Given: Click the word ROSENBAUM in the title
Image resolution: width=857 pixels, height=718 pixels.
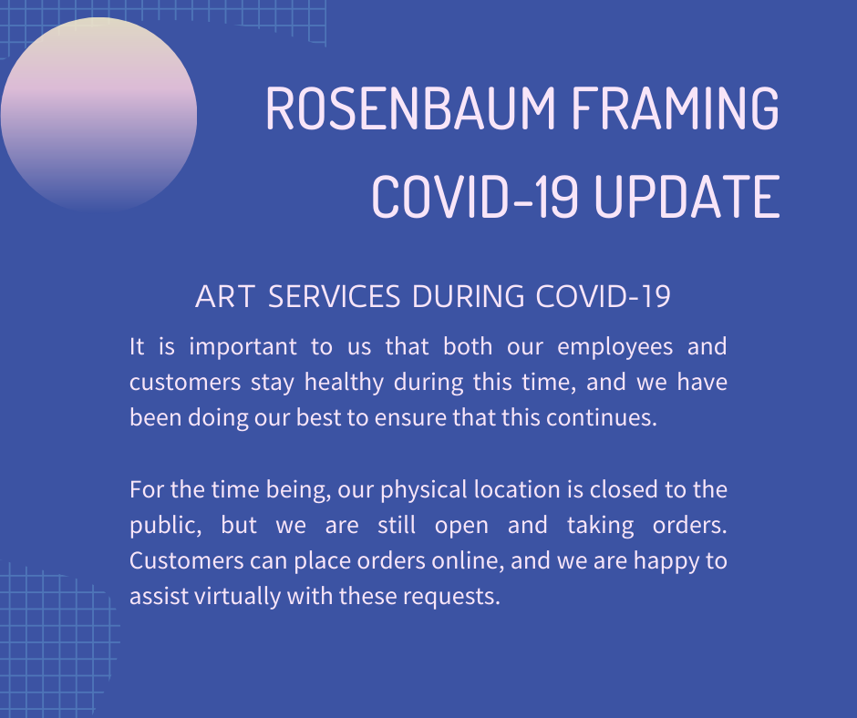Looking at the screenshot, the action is pos(410,108).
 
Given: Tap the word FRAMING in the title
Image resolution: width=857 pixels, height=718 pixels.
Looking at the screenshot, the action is pos(675,108).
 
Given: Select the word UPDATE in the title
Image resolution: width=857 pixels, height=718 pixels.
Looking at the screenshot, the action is pos(687,197).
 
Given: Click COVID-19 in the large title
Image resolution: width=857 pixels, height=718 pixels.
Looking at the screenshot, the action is pos(474,197).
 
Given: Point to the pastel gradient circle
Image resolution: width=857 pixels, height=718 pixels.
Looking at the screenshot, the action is pos(99,115).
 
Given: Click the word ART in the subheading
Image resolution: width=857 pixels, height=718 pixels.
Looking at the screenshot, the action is pos(224,297).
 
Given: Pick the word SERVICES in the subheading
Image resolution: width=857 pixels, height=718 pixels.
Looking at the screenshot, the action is pos(334,297).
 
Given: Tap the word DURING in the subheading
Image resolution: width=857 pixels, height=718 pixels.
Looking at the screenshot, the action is pos(469,297).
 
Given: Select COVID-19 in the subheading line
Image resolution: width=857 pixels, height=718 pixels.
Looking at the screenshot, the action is pos(603,297).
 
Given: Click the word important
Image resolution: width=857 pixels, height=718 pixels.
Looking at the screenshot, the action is pos(243,347).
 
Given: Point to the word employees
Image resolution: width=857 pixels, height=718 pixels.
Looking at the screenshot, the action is pos(614,347).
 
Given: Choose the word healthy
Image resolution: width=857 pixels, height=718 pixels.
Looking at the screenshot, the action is pos(344,383).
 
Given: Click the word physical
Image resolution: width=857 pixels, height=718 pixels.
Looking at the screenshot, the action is pos(424,490).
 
